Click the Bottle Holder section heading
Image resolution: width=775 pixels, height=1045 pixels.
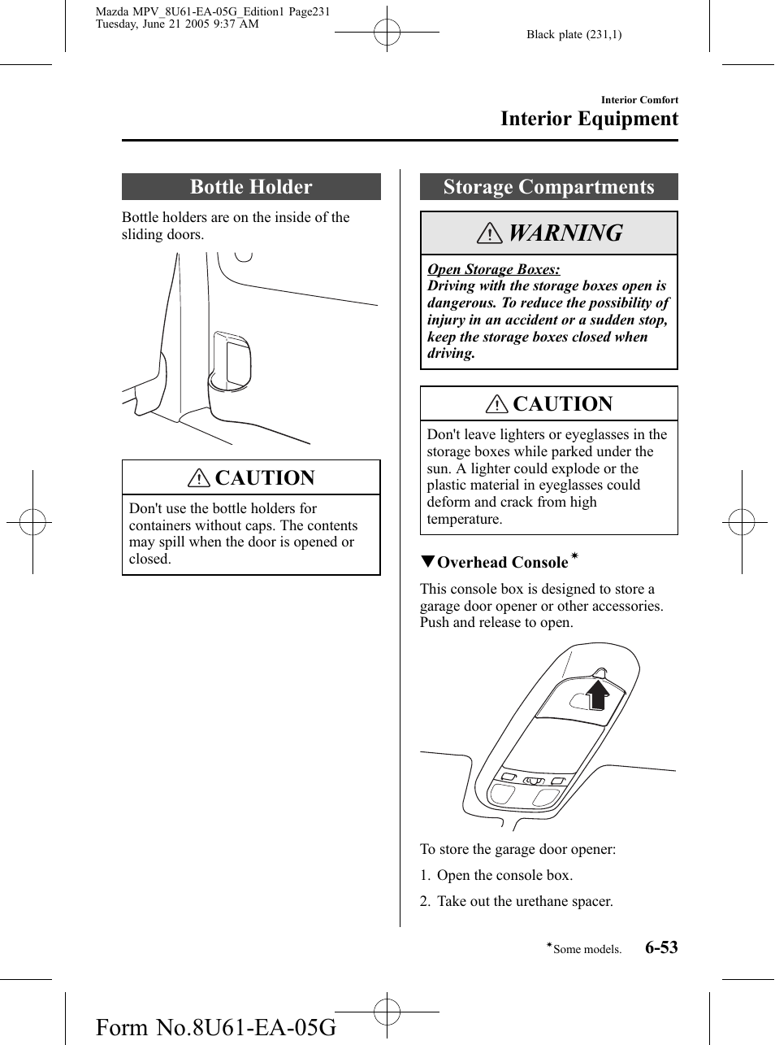click(251, 187)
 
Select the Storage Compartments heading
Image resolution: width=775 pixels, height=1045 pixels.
click(548, 187)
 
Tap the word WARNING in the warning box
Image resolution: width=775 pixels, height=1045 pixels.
click(565, 233)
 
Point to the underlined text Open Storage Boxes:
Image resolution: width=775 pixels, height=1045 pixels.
click(493, 269)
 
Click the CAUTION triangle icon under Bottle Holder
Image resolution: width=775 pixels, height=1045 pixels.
click(198, 478)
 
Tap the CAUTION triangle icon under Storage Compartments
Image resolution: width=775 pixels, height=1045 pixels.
click(496, 404)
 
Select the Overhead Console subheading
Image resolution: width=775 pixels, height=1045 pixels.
click(502, 563)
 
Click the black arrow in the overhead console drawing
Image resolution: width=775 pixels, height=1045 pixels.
click(598, 693)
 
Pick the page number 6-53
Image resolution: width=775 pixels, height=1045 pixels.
click(661, 947)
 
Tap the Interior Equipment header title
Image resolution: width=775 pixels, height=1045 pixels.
click(589, 119)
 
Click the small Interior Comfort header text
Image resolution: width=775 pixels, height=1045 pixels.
click(639, 100)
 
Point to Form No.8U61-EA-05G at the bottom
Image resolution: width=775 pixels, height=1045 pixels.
click(215, 1027)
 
